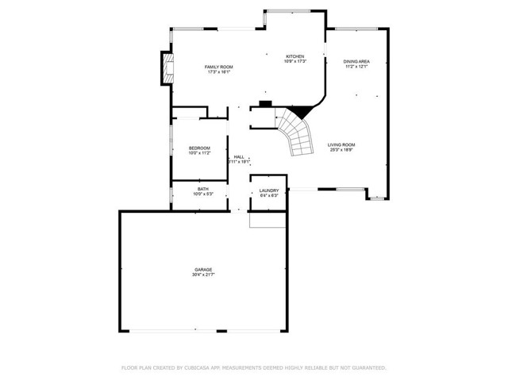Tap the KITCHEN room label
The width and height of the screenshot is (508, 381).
tap(294, 56)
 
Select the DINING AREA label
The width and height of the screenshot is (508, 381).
tap(356, 61)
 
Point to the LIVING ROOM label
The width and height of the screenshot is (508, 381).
tap(341, 144)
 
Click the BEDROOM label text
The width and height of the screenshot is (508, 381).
tap(199, 148)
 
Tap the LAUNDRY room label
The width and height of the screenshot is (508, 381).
tap(267, 191)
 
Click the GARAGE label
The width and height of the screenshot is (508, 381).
tap(204, 269)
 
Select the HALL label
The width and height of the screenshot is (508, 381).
tap(238, 156)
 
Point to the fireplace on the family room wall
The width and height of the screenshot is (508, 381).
tap(167, 69)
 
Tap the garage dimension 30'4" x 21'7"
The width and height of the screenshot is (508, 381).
tap(204, 275)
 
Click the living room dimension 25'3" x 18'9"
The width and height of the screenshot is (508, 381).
tap(341, 150)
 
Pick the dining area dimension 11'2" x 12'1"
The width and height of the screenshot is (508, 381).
tap(356, 67)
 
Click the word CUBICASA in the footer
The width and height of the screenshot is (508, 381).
tap(202, 368)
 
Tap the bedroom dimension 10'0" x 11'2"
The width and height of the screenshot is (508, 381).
tap(199, 154)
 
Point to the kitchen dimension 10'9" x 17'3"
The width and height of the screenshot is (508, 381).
tap(294, 62)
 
